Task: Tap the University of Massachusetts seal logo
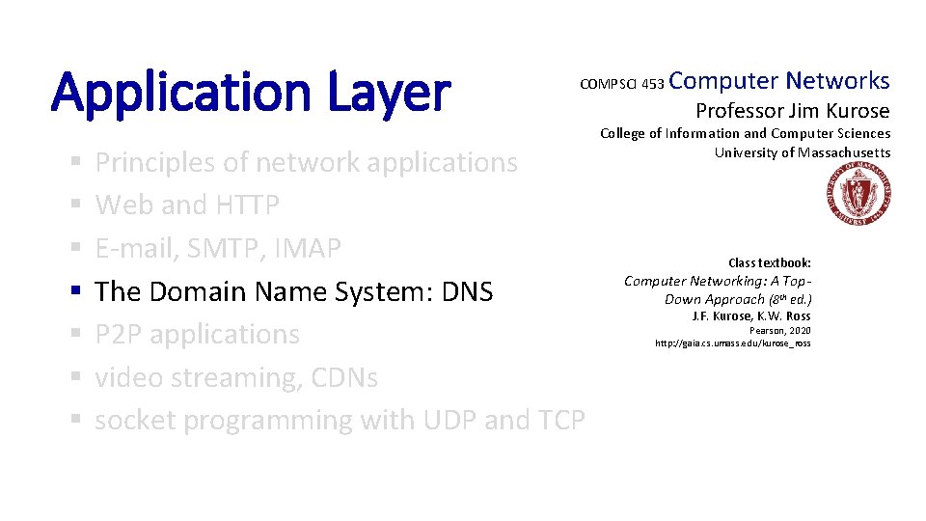[x=858, y=195]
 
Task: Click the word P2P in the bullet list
[x=119, y=335]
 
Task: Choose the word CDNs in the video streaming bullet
[x=344, y=377]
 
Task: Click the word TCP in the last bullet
[x=557, y=421]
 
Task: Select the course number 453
[x=652, y=85]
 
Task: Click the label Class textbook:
[x=769, y=262]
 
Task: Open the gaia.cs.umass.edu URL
[x=733, y=343]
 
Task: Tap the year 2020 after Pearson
[x=798, y=330]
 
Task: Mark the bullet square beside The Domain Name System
[x=75, y=291]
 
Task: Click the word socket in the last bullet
[x=134, y=421]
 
